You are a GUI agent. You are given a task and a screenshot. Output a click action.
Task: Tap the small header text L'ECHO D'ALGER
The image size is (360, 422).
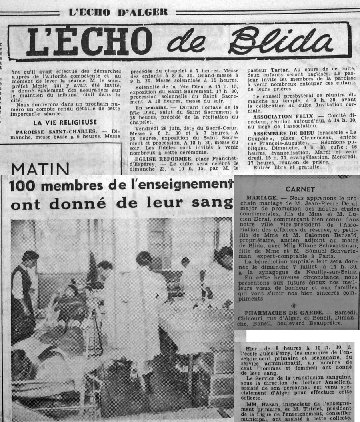point(118,12)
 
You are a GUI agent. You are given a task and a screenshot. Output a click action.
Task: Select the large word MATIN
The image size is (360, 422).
point(34,169)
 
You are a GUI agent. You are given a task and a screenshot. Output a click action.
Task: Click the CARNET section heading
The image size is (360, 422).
point(300,189)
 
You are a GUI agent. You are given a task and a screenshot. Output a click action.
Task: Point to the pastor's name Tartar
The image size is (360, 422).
point(272,63)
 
